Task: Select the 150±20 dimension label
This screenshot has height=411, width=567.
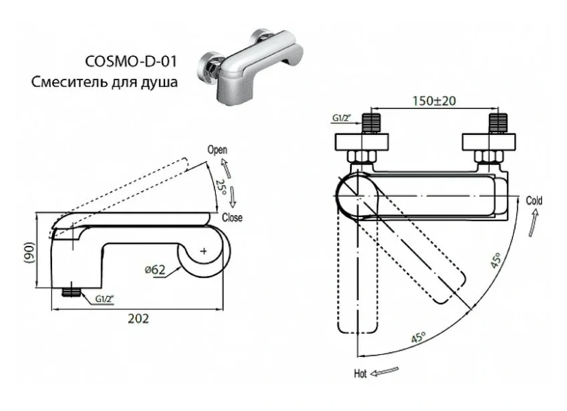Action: point(434,101)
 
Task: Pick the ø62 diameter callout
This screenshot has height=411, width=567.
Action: point(155,269)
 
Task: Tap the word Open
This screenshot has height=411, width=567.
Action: point(217,150)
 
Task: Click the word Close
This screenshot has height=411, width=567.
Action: point(233,218)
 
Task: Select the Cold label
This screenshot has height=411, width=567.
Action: point(534,201)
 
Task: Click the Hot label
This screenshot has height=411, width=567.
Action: point(360,373)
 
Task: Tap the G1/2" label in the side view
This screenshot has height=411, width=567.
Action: point(105,299)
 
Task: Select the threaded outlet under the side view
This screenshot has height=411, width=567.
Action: point(71,292)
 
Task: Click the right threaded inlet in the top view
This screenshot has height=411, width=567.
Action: point(496,123)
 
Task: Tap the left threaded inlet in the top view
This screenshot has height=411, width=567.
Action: point(371,123)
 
